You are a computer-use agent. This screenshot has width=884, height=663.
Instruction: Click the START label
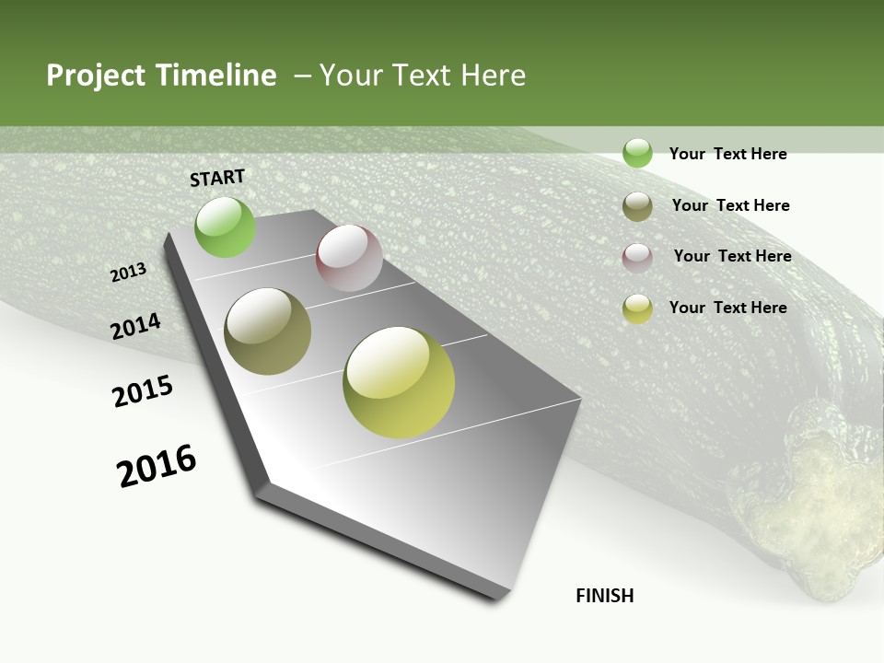point(217,178)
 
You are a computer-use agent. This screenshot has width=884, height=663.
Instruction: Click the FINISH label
point(605,596)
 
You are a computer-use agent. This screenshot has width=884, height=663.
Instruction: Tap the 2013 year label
point(128,273)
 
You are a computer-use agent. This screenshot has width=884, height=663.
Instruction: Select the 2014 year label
point(135,327)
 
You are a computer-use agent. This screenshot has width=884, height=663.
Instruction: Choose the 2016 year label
point(157,466)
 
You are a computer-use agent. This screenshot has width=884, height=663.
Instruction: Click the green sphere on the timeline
point(225,227)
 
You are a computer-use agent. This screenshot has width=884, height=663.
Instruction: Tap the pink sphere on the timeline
point(349,258)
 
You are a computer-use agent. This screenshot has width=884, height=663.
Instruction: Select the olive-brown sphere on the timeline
point(268,331)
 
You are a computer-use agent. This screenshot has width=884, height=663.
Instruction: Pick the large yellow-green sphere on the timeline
point(399,382)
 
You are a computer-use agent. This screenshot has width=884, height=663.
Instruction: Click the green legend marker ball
point(637,154)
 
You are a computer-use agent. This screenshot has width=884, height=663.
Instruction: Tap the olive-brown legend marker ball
point(637,206)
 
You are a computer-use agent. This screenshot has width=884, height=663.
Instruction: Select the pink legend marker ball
point(637,258)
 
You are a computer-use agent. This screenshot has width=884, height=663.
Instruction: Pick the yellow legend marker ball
point(637,308)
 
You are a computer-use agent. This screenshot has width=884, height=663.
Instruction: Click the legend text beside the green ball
point(727,154)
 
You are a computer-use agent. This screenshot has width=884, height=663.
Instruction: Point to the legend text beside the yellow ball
point(727,308)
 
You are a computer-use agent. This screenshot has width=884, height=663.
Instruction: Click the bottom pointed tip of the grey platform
point(497,597)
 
